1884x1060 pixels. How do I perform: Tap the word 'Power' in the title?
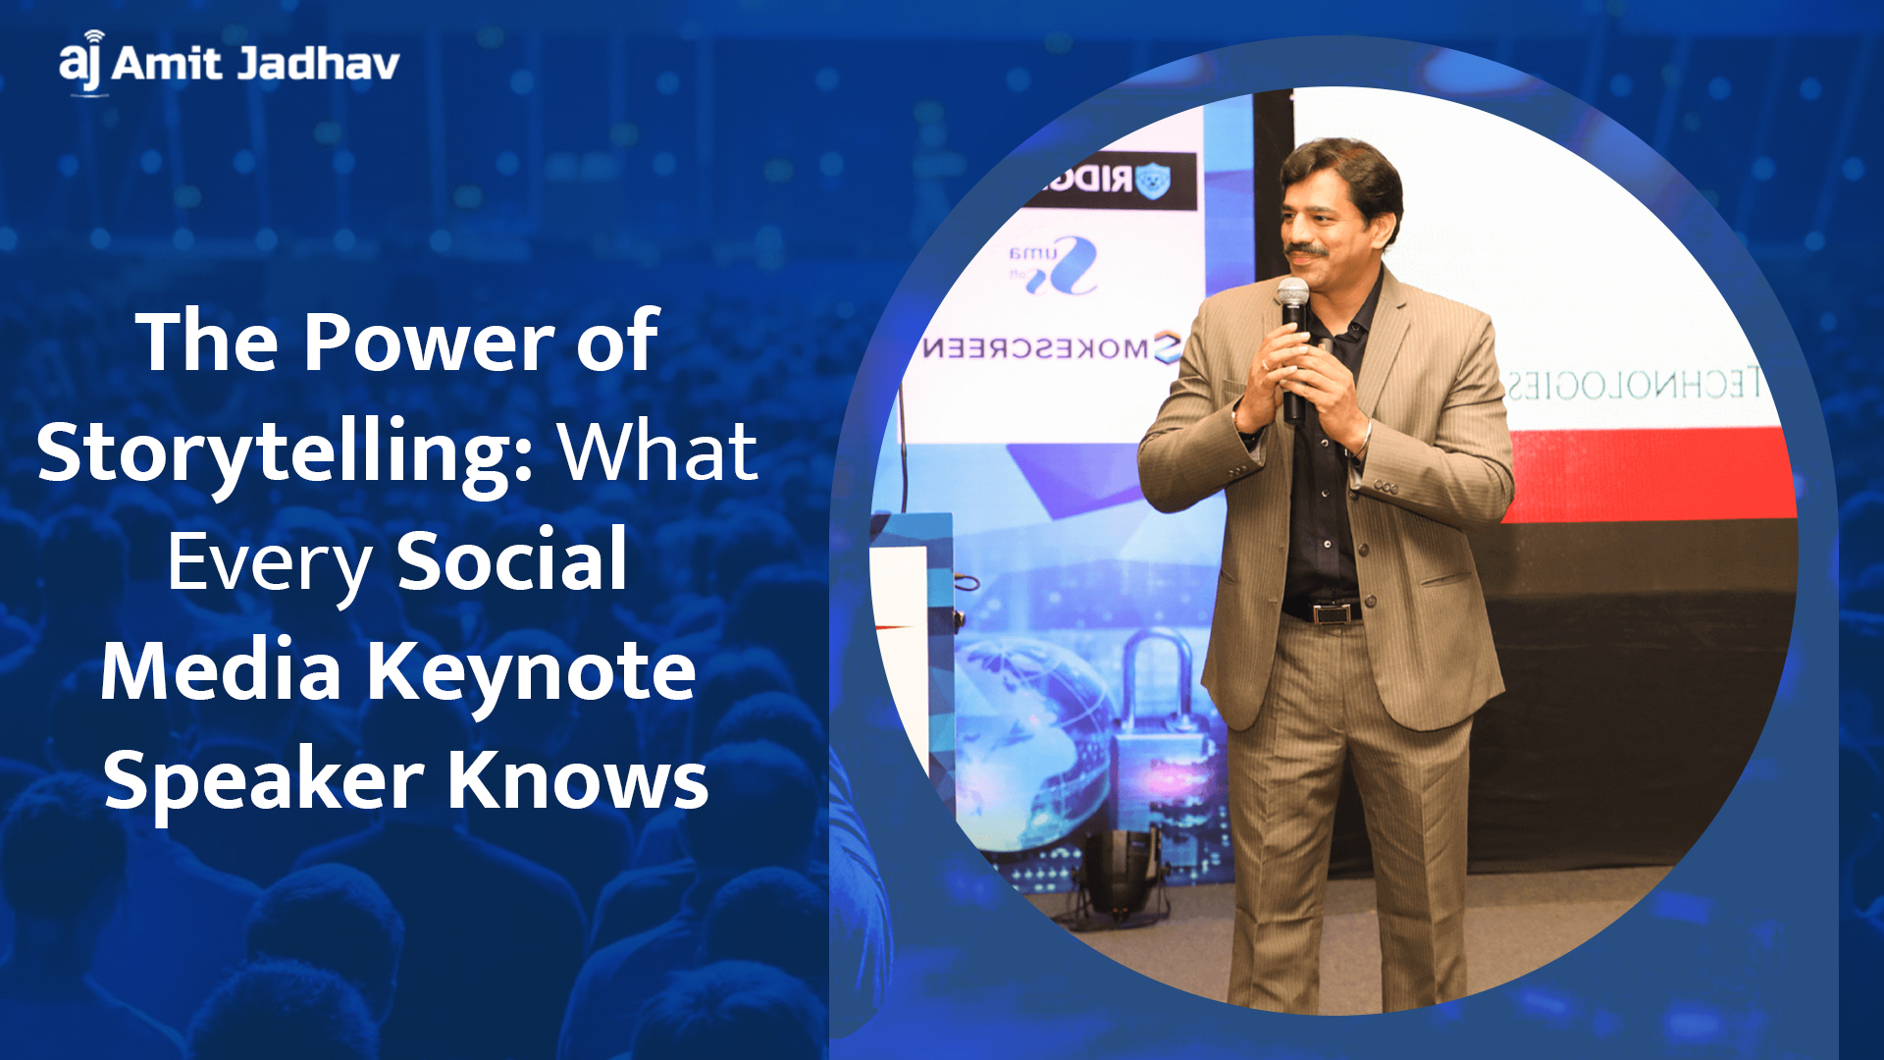[x=429, y=341]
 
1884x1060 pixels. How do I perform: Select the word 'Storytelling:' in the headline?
[x=286, y=453]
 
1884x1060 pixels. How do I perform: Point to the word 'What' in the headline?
[x=659, y=451]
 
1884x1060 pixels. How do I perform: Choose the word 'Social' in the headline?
[x=511, y=560]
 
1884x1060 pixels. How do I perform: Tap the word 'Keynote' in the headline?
[x=531, y=671]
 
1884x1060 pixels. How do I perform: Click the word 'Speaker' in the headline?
[x=264, y=781]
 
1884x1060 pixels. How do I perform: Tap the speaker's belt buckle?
[x=1331, y=614]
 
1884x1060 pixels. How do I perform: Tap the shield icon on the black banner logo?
[x=1152, y=181]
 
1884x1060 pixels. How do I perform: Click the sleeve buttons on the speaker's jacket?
[x=1385, y=487]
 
